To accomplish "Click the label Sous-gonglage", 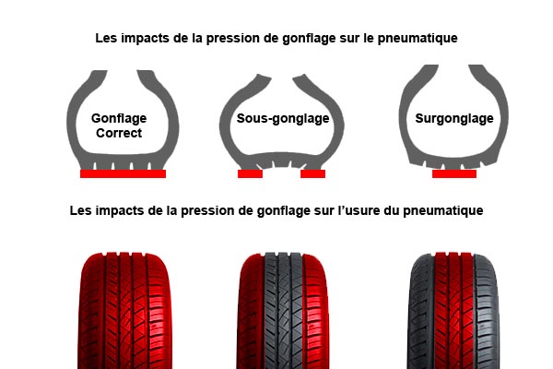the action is tap(283, 119).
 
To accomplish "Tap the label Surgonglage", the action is tap(454, 119).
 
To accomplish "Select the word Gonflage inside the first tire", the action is tap(119, 118).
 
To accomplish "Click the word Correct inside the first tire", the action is tap(119, 133).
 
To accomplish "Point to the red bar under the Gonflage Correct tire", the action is tap(124, 173).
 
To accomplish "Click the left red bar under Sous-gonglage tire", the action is tap(250, 173).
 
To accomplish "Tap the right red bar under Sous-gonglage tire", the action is tap(312, 173).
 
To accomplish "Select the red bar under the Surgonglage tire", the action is tap(454, 173).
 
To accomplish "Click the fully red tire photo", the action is tap(124, 311).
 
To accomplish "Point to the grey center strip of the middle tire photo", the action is tap(284, 311).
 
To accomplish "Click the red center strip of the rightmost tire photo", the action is tap(453, 311).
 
